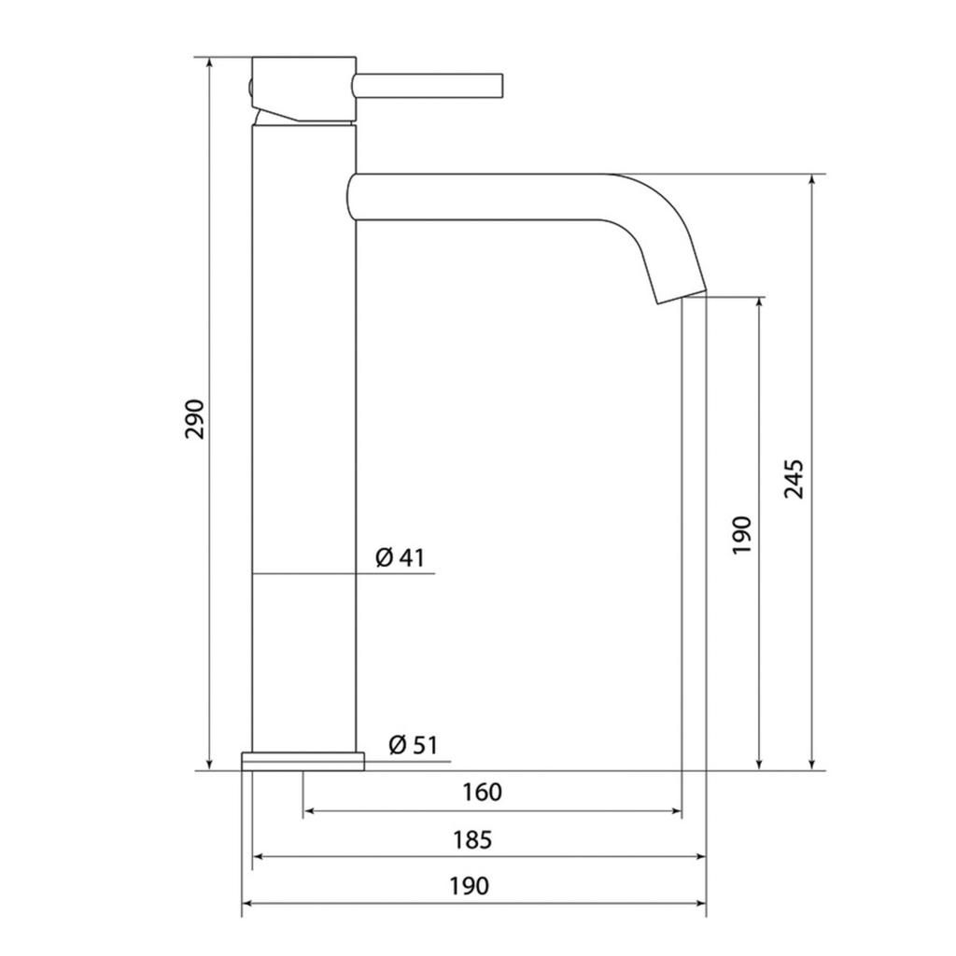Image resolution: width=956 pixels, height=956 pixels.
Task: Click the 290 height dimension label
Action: point(195,419)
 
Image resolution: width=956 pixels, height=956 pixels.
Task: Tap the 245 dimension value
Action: point(794,479)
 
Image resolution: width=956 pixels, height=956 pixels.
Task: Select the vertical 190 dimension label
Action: point(742,535)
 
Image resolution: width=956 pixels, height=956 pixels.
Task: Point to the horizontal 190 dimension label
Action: point(470,885)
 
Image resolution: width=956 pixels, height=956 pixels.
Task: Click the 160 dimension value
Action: point(482,792)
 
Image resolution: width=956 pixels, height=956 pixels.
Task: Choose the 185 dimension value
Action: point(471,839)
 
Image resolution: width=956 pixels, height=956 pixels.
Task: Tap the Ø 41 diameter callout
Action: point(400,557)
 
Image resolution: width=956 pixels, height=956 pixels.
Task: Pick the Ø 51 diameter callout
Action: point(413,744)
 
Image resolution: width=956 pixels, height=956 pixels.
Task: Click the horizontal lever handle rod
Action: point(428,86)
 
